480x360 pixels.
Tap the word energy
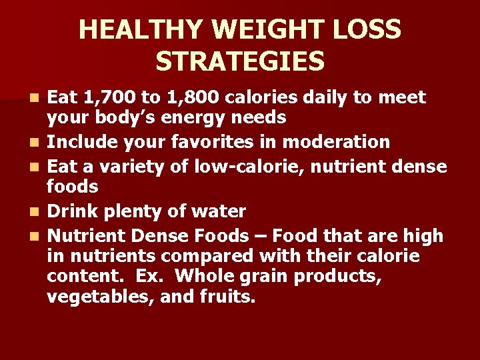[206, 117]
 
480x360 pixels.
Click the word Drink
[73, 212]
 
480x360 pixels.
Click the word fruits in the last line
[227, 295]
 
